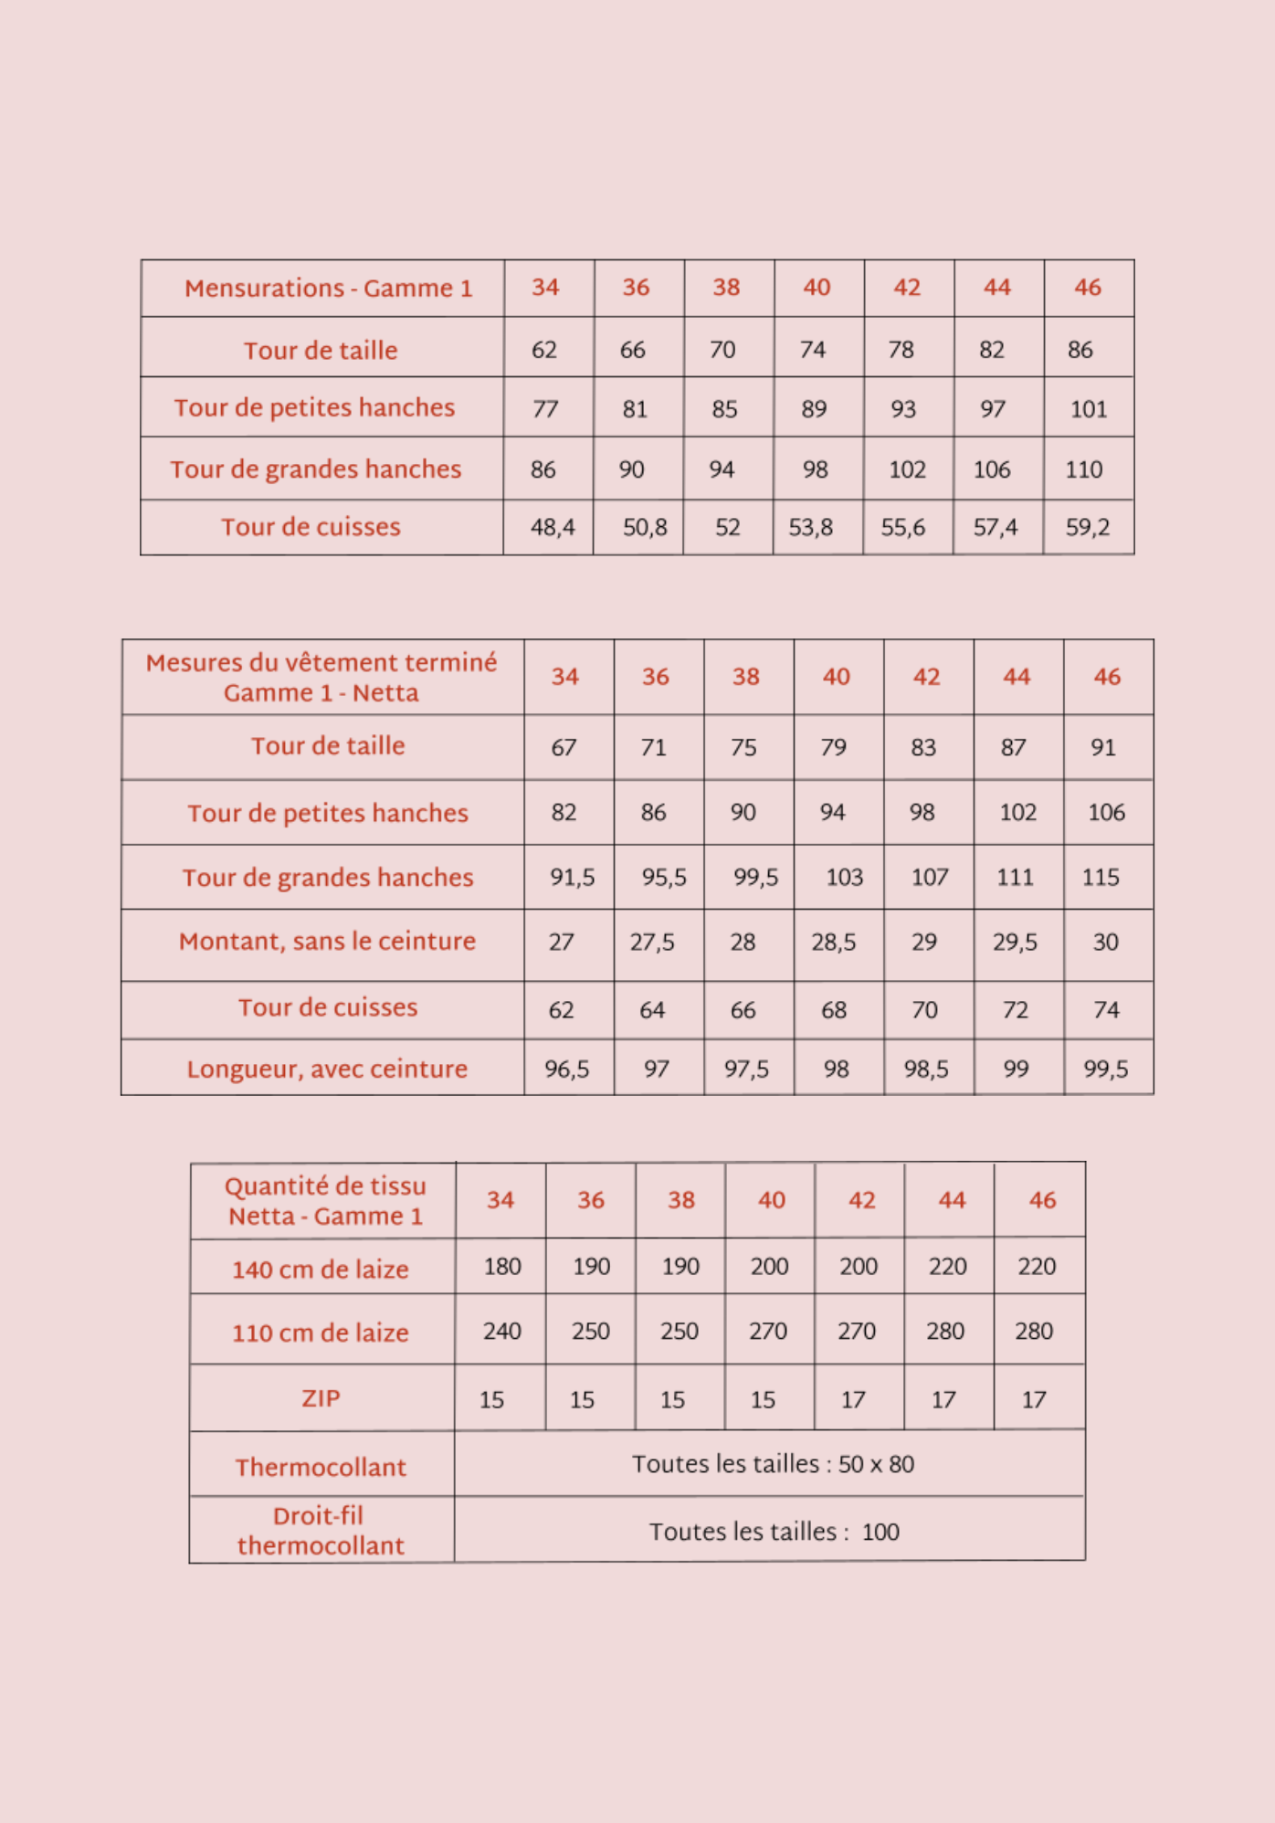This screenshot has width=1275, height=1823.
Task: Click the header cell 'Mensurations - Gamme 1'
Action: pos(328,289)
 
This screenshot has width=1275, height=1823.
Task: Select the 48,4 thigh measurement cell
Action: pos(553,527)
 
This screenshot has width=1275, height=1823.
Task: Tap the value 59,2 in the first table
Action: pos(1087,527)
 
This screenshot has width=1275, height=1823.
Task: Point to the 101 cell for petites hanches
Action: pos(1088,408)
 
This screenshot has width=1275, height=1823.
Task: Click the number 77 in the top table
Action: pos(545,408)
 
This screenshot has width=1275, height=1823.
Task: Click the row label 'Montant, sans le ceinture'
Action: pos(327,942)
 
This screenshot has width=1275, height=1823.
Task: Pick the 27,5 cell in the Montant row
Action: pos(652,942)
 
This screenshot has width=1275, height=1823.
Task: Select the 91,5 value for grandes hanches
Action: pos(572,877)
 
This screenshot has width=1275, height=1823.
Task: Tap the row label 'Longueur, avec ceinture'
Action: pos(327,1069)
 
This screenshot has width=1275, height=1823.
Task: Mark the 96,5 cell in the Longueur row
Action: pos(566,1069)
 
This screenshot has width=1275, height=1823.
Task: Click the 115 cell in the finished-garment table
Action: pos(1101,877)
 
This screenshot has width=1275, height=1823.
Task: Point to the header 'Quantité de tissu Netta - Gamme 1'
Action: pos(325,1200)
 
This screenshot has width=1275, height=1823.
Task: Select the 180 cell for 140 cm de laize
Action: pos(502,1266)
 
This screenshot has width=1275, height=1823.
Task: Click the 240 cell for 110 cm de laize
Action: pos(502,1331)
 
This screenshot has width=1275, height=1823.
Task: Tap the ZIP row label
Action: pos(321,1398)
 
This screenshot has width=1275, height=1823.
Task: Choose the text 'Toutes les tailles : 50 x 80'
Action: pos(773,1464)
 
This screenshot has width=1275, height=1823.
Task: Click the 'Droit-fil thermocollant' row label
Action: pos(320,1530)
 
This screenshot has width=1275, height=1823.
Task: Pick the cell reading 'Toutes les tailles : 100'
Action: pos(774,1532)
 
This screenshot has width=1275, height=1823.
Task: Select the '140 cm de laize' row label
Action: pos(320,1269)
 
